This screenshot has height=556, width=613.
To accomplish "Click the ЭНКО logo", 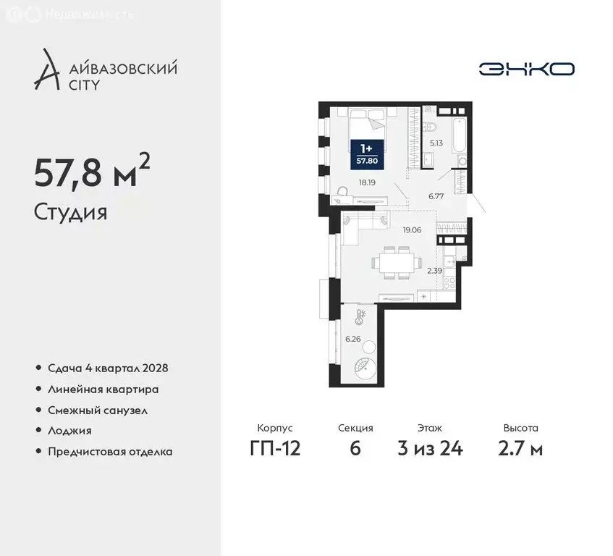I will click(x=526, y=69).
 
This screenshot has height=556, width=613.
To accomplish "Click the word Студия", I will click(x=70, y=213).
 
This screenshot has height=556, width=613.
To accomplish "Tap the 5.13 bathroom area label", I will click(x=436, y=143).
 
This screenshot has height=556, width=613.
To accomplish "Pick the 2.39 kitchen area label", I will click(x=434, y=271).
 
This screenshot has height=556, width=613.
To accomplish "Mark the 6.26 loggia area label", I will click(x=352, y=339).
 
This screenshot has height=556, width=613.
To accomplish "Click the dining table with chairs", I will click(x=394, y=262).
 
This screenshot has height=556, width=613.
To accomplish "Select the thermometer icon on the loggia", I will click(x=360, y=316).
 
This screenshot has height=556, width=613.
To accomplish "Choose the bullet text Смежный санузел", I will click(x=98, y=410).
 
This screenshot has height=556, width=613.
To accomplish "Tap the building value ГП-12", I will click(x=274, y=449).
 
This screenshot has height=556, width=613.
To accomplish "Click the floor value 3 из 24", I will click(x=430, y=449).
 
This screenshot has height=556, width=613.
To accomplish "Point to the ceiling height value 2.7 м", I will click(x=520, y=449).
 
